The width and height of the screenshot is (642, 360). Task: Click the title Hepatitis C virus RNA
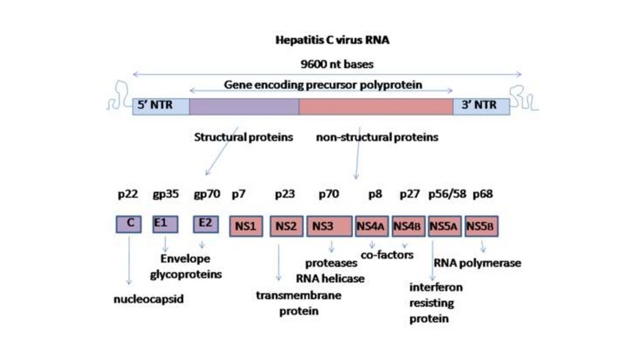point(333,41)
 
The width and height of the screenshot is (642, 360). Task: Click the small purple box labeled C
point(130,224)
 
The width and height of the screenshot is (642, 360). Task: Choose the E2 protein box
point(204,224)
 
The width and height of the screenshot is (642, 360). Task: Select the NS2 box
point(287,226)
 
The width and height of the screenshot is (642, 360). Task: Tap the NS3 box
point(329,226)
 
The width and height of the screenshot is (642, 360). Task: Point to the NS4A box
point(372,226)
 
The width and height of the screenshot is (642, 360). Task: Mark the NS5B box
point(481,226)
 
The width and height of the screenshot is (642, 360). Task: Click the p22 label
point(127,194)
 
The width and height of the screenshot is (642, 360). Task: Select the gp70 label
point(207,194)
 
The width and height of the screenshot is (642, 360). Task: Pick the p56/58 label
point(447,194)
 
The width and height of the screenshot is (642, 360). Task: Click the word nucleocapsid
point(148,299)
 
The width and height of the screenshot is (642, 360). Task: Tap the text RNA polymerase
point(477,263)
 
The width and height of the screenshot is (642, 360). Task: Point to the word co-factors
point(387,255)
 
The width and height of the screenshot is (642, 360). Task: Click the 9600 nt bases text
point(333,63)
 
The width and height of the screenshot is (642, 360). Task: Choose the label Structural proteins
point(243,137)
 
